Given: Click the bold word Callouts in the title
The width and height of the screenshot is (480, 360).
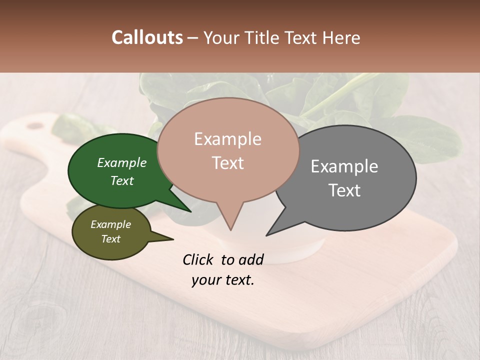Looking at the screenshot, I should point(147,37).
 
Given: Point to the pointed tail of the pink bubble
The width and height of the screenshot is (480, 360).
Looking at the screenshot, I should point(230,229).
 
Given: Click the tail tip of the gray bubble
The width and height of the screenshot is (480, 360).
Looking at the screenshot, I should point(267,234).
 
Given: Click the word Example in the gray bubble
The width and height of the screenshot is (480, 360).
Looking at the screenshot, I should point(344,166).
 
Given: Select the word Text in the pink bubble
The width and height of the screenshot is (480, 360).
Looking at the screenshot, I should point(228,163).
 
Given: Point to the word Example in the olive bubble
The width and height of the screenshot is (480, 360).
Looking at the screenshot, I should point(110,224).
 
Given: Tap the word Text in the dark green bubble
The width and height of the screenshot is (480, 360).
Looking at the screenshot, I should point(122,180).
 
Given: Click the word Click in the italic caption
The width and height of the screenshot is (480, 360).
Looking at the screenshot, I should point(198,259).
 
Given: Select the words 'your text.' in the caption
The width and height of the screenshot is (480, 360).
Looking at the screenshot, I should point(222,280).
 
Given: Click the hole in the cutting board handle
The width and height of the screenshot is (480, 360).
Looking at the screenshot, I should point(35,125).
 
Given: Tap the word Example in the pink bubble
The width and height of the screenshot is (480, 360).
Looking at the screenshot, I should point(227,139).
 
